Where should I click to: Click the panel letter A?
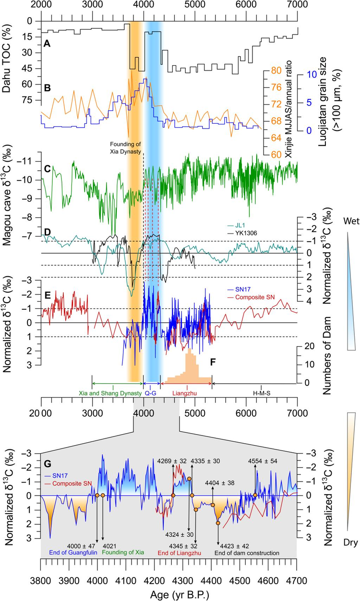tap(47, 43)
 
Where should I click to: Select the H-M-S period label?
tap(261, 393)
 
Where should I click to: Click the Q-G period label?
tap(151, 393)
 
